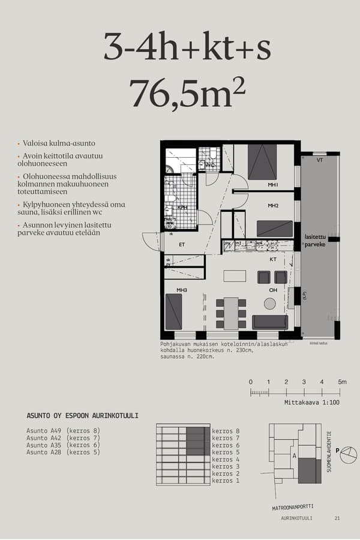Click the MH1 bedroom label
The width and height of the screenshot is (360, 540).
pyautogui.click(x=273, y=185)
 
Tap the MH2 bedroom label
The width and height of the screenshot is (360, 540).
pyautogui.click(x=273, y=206)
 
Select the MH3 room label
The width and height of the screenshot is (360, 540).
pyautogui.click(x=182, y=290)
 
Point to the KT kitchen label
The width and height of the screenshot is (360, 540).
pyautogui.click(x=273, y=260)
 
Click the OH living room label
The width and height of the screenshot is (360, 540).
pyautogui.click(x=273, y=290)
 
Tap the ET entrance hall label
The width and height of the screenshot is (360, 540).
pyautogui.click(x=181, y=244)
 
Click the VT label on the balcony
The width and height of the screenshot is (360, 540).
pyautogui.click(x=320, y=161)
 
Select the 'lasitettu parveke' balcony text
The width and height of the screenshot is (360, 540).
pyautogui.click(x=315, y=241)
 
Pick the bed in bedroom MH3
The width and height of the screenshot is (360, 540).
pyautogui.click(x=174, y=311)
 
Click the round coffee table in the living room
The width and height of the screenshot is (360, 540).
pyautogui.click(x=269, y=304)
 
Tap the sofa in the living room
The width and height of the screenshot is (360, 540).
pyautogui.click(x=270, y=322)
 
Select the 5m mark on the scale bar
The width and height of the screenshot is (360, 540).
pyautogui.click(x=342, y=382)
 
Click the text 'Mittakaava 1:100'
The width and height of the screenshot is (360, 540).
pyautogui.click(x=312, y=403)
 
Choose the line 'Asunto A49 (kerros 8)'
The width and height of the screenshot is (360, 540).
pyautogui.click(x=63, y=431)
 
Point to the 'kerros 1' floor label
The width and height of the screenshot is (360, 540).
pyautogui.click(x=226, y=481)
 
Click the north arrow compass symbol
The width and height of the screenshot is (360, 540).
pyautogui.click(x=349, y=455)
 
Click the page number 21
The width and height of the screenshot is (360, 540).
pyautogui.click(x=337, y=518)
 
